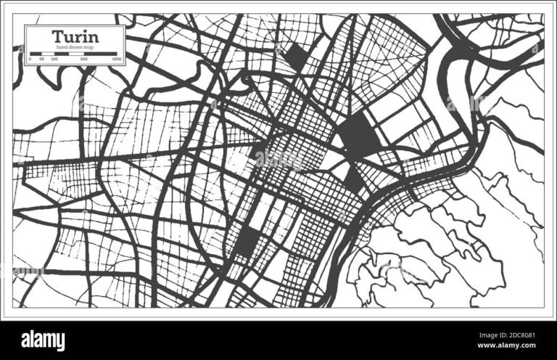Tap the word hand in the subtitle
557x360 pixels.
[61, 47]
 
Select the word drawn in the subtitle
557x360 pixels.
[75, 47]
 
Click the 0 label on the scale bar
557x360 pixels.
[30, 58]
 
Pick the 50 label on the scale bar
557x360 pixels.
[43, 58]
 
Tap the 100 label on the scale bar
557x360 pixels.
[55, 58]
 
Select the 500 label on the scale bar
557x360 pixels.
[85, 58]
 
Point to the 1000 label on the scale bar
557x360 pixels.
[117, 58]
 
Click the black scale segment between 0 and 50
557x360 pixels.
[36, 53]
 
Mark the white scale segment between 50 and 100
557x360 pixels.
[49, 53]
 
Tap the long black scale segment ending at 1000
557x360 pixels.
[101, 53]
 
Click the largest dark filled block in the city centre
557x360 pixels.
[355, 135]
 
